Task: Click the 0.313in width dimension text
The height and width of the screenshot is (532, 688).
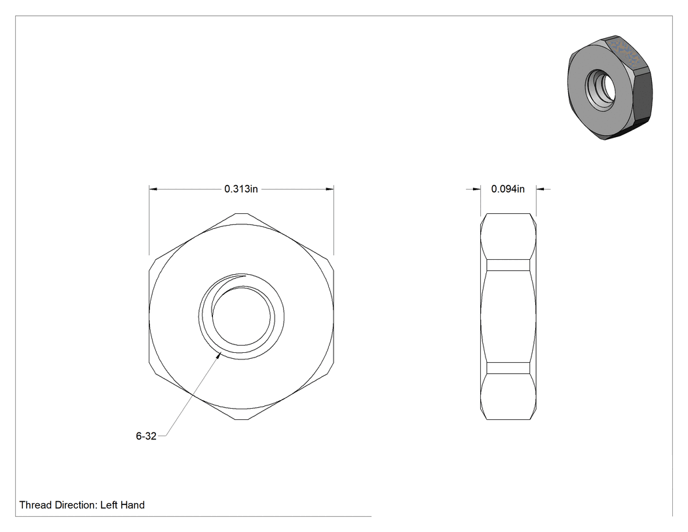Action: tap(241, 189)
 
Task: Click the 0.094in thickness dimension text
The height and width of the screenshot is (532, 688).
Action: tap(508, 189)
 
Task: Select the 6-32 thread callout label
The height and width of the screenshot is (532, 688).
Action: tap(146, 436)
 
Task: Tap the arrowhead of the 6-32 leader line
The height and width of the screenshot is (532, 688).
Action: tap(218, 356)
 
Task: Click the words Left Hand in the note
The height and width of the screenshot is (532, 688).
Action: tap(123, 505)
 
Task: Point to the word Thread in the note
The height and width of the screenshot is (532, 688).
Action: tap(35, 505)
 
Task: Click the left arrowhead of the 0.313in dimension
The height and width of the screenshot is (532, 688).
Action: tap(153, 190)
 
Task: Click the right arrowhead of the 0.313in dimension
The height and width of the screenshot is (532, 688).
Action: tap(330, 190)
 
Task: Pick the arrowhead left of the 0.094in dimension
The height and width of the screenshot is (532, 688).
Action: tap(476, 190)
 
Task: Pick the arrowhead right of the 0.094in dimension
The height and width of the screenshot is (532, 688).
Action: tap(541, 190)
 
